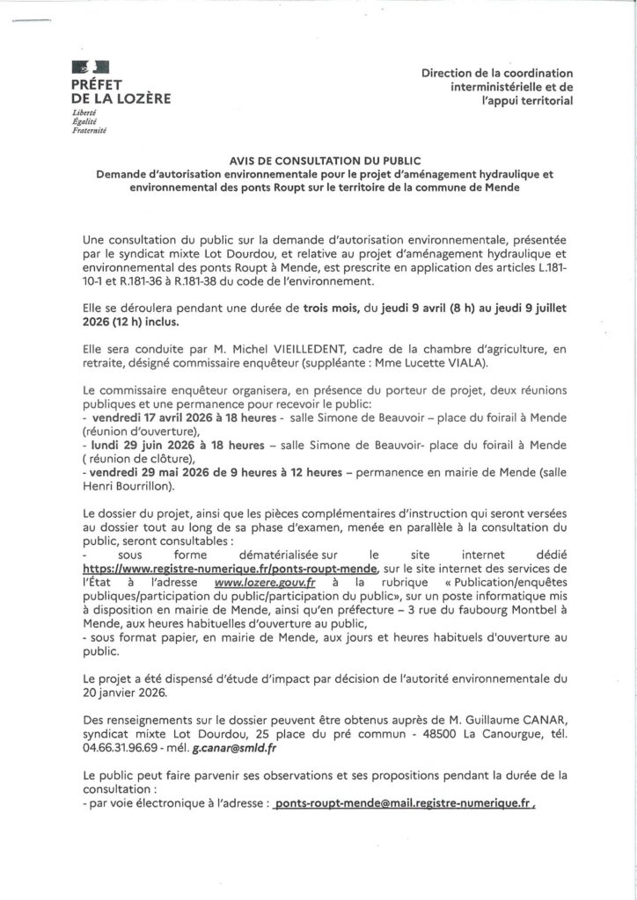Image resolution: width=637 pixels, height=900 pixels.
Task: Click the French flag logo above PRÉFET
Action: [92, 66]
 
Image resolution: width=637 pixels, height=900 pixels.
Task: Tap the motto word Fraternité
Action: [89, 130]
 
